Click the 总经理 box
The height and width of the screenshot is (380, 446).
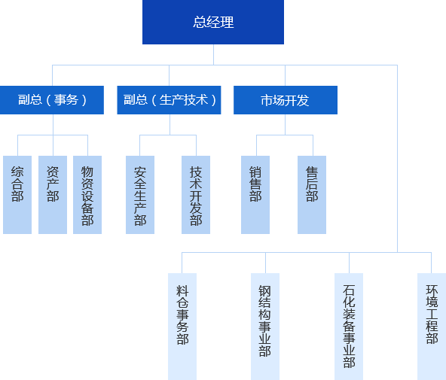(213, 22)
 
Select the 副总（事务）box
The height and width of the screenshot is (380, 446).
(52, 100)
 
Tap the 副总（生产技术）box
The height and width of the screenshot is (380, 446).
(169, 100)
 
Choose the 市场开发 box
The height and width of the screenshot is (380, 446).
(286, 100)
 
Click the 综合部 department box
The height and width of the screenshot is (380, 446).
(17, 195)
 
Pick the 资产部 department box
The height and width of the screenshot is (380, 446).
(53, 195)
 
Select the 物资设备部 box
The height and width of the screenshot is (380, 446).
(87, 195)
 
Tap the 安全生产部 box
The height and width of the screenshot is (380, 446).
(140, 195)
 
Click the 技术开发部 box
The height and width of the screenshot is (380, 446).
(196, 195)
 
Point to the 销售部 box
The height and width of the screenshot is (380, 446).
(255, 195)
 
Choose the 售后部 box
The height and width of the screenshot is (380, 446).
(312, 195)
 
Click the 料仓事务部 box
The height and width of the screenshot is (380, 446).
(182, 327)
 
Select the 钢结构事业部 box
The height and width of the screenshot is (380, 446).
(265, 327)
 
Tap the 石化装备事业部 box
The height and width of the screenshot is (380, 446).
(349, 327)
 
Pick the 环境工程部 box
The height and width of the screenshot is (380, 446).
(432, 327)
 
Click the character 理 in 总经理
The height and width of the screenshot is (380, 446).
(227, 22)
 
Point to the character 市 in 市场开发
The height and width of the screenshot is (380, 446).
(267, 100)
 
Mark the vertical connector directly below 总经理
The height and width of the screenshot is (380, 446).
(214, 54)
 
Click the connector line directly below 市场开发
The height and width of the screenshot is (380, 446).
(286, 125)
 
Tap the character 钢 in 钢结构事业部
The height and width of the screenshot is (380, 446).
(265, 290)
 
